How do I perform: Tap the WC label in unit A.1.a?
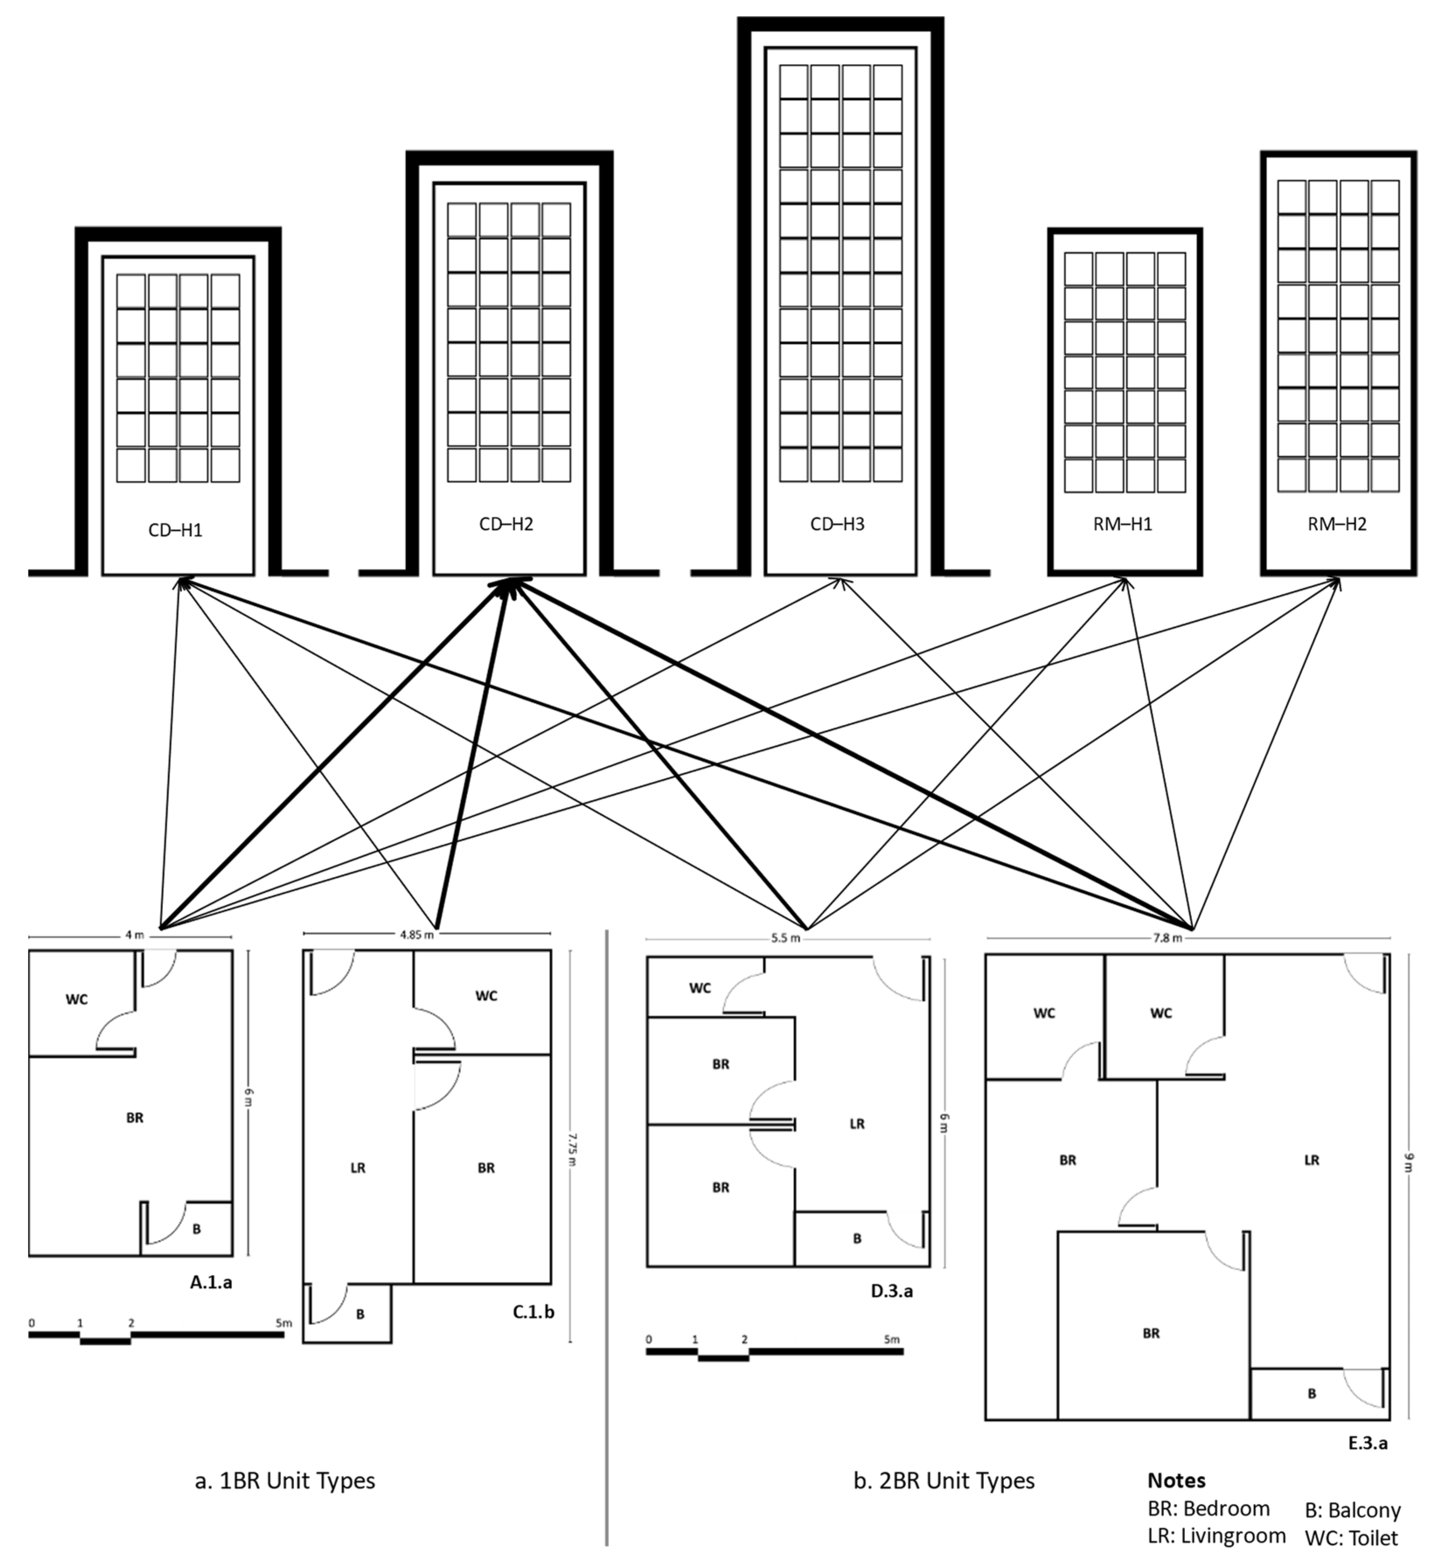click(76, 999)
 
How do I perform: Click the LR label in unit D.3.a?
click(857, 1123)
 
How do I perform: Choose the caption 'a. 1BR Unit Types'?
click(285, 1481)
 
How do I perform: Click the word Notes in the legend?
click(1176, 1481)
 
